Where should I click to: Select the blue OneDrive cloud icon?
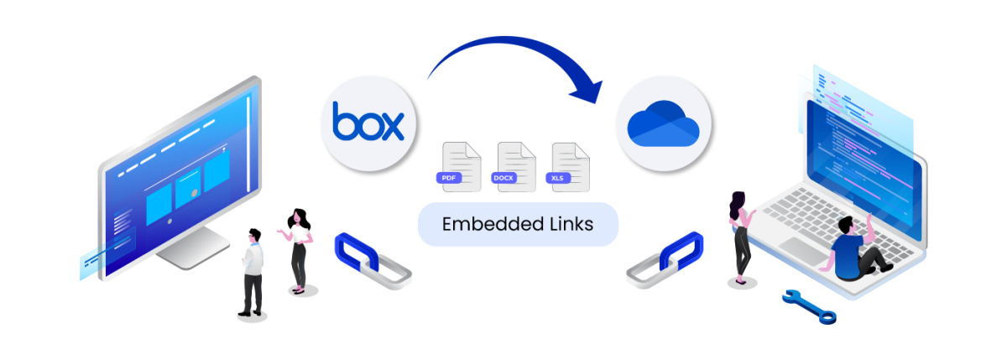click(663, 123)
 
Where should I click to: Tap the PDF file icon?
click(460, 166)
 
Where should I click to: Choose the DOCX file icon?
click(515, 166)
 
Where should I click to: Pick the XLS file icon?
click(569, 166)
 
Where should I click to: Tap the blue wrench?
click(809, 306)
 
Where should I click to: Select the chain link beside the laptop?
click(667, 260)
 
